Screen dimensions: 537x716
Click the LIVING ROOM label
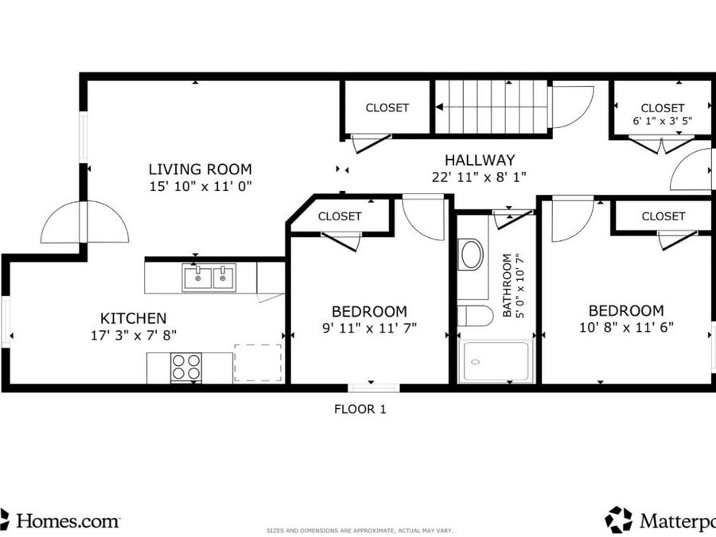200,169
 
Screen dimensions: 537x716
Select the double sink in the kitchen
209,278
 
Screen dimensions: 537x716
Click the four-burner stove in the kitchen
187,368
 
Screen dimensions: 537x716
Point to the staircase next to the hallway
491,107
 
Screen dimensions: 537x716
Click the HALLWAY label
479,160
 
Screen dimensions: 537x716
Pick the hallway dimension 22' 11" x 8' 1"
479,177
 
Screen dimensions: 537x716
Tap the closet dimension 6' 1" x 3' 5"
662,123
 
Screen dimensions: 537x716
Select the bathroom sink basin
472,255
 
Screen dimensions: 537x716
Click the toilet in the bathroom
475,316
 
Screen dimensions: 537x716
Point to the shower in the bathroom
496,362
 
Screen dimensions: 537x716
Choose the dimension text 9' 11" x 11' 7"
369,327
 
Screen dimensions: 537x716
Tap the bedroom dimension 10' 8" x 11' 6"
625,326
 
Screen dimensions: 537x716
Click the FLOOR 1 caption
360,410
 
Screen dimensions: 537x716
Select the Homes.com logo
60,520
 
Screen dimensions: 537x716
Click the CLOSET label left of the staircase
387,107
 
